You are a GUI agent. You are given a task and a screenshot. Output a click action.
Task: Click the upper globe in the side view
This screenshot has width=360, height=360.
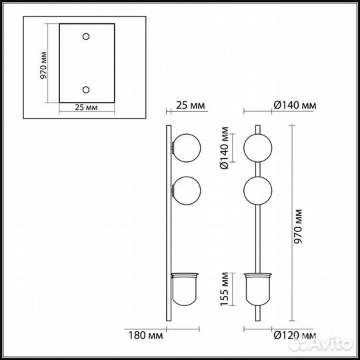coord(185,147)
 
